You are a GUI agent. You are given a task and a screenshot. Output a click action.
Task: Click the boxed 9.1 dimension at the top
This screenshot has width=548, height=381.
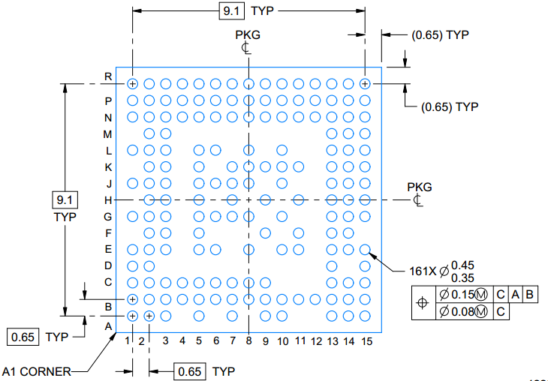coord(231,10)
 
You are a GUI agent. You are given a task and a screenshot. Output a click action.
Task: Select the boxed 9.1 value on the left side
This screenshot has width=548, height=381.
coord(65,200)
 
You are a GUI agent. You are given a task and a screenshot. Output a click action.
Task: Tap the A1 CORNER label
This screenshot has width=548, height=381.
coord(36,371)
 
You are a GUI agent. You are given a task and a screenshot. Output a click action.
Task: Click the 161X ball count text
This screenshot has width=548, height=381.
coord(423,271)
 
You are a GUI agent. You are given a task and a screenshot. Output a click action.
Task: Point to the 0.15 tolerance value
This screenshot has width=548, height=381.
coord(462,295)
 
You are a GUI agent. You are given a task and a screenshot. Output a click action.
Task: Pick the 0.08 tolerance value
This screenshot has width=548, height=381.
coord(462,310)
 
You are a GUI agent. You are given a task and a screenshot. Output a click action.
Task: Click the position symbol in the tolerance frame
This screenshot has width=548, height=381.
coord(423,302)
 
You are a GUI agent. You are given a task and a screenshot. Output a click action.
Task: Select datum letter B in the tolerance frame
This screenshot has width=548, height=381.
coord(529,295)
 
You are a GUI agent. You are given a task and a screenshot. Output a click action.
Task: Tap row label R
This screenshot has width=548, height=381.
coord(108,76)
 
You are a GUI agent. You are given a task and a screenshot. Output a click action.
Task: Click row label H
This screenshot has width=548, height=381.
coord(108,200)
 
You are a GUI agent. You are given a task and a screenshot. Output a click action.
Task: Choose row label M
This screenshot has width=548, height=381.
coord(107,134)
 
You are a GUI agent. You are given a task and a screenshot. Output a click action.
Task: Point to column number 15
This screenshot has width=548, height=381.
coord(366,341)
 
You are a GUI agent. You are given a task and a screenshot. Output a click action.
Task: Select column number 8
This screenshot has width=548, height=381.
coord(248,340)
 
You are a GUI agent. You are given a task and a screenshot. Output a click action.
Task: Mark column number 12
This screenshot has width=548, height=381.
coord(316,341)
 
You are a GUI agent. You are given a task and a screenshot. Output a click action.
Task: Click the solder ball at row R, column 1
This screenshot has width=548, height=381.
coord(132,84)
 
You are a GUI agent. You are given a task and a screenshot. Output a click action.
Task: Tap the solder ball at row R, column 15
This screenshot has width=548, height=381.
coord(365,84)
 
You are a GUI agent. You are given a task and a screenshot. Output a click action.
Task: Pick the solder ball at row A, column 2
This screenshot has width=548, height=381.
coord(149,316)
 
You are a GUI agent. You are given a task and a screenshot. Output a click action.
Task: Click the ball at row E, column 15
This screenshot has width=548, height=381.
coord(365,250)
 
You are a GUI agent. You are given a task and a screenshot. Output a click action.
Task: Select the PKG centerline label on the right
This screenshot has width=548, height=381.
coord(420,187)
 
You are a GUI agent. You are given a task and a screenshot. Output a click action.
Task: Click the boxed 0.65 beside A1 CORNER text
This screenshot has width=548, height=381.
coord(23,337)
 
